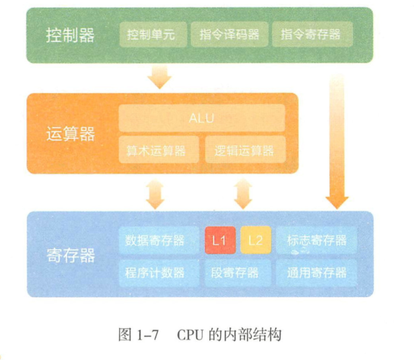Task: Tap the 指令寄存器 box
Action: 310,35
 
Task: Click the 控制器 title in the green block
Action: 70,35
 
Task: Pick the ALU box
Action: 201,118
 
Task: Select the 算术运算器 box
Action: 159,150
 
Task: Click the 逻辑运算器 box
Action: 245,150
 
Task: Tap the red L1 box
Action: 219,240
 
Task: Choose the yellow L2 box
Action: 255,240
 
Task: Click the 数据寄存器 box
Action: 159,240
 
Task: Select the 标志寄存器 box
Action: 317,240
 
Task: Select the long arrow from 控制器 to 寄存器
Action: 337,140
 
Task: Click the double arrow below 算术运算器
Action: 155,194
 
